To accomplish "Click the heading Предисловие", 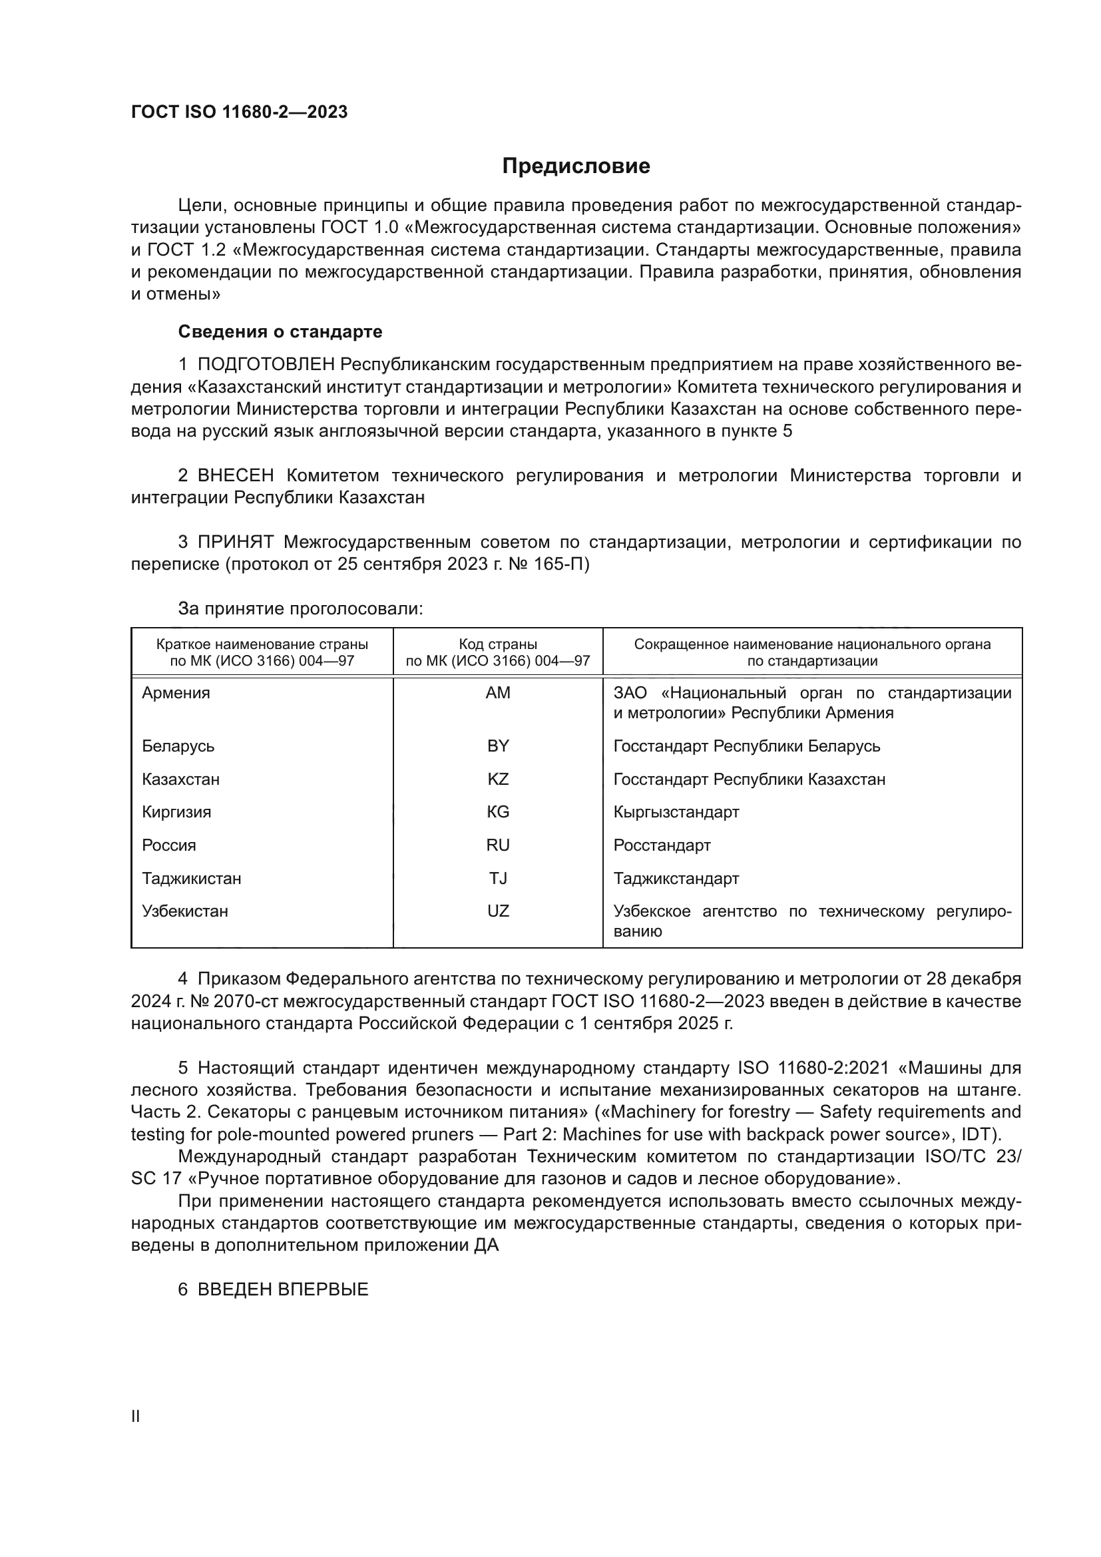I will (x=576, y=166).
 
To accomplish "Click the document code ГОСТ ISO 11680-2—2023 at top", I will (x=240, y=112).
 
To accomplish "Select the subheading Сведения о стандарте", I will (x=280, y=332).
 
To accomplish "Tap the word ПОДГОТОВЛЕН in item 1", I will (x=266, y=365).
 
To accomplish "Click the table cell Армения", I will (x=176, y=693).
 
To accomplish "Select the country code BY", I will (x=498, y=746).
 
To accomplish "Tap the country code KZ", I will (x=498, y=779).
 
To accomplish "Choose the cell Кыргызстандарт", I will (x=676, y=812).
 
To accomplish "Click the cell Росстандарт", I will (x=662, y=845).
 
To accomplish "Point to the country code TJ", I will (x=498, y=879).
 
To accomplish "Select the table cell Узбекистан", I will (x=185, y=911).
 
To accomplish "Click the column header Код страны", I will (x=498, y=644).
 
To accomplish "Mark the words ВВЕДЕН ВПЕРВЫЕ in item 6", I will (x=283, y=1290).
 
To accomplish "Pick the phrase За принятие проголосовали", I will (x=300, y=608).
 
